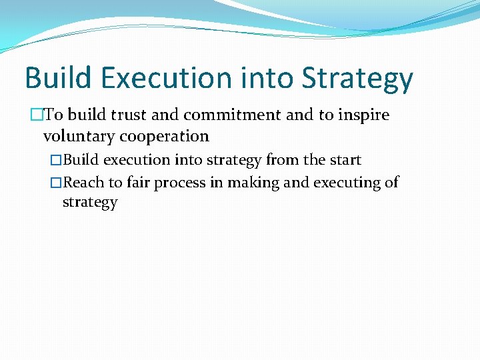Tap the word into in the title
(274, 78)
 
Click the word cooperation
(165, 137)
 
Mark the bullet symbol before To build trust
(36, 115)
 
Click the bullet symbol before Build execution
(56, 160)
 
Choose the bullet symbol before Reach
(56, 182)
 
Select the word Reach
(81, 182)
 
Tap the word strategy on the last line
(89, 203)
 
